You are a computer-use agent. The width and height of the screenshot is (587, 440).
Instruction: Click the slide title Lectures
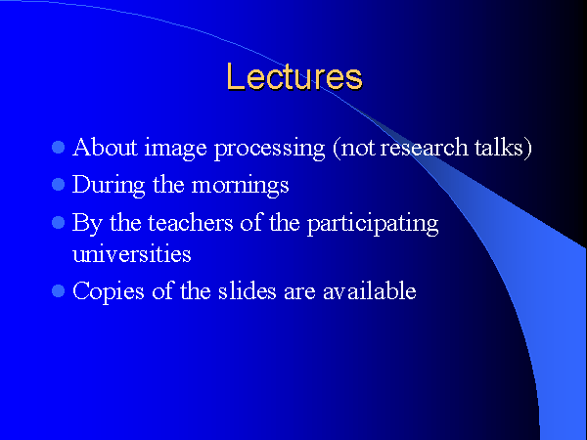(x=294, y=76)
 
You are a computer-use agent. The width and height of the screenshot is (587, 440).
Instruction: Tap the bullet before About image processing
(x=59, y=147)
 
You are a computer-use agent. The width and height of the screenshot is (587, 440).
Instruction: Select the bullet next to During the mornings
(x=59, y=185)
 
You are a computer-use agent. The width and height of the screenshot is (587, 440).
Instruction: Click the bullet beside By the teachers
(x=59, y=223)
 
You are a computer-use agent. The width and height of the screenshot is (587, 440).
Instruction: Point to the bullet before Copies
(x=59, y=290)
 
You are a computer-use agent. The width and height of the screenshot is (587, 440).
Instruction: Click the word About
(x=105, y=147)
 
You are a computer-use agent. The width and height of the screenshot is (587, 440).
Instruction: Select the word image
(x=175, y=149)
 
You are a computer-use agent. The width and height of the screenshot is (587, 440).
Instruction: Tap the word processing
(x=270, y=149)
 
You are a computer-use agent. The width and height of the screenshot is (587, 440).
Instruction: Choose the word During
(x=109, y=186)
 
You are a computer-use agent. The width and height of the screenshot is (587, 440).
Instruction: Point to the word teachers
(x=191, y=223)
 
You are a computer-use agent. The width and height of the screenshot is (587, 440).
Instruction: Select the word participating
(x=373, y=225)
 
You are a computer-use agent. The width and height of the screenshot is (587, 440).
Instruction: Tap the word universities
(x=132, y=253)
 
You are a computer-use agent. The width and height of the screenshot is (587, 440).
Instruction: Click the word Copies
(x=109, y=292)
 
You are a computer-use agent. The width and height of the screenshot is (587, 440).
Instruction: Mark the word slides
(x=248, y=290)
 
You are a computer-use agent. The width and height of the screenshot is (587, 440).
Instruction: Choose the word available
(x=370, y=290)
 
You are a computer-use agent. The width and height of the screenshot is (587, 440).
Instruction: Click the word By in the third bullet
(x=87, y=224)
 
